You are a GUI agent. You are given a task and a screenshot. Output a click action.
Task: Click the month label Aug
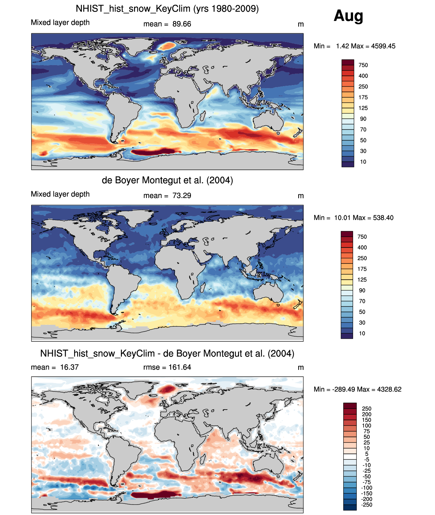tap(348, 16)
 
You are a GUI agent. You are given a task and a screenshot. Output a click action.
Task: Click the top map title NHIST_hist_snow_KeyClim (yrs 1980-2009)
tap(167, 8)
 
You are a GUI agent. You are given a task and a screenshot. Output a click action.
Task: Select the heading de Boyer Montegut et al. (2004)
tap(167, 180)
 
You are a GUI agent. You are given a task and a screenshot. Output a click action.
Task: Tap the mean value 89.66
tap(182, 24)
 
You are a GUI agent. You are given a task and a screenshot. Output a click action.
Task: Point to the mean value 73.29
tap(182, 196)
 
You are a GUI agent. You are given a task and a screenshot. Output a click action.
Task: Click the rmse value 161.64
tap(180, 367)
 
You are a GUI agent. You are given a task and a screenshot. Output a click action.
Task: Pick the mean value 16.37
tap(69, 367)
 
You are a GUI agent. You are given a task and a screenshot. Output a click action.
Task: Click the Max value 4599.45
tap(383, 46)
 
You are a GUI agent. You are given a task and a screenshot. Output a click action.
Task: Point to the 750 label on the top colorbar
tap(363, 65)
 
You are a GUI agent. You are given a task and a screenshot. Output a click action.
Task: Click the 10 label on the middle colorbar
tap(362, 333)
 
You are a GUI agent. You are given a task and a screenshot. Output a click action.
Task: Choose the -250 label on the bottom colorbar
tap(367, 505)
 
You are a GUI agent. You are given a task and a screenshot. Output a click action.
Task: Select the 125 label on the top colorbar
tap(363, 108)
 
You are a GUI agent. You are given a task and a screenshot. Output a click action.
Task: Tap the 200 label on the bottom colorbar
tap(367, 414)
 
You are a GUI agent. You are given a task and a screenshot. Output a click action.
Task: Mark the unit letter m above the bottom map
tap(301, 368)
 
